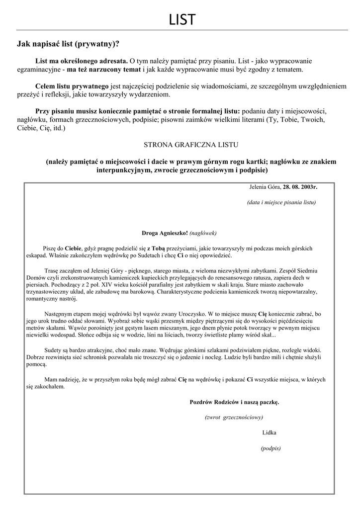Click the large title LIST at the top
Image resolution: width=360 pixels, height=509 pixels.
click(181, 20)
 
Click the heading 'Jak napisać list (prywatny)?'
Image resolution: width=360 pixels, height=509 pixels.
click(68, 44)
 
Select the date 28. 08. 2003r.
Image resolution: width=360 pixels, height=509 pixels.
click(300, 187)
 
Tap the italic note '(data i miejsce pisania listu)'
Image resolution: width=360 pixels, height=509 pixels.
click(281, 202)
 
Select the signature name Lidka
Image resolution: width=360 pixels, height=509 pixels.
click(269, 432)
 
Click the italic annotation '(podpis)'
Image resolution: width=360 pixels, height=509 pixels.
click(270, 448)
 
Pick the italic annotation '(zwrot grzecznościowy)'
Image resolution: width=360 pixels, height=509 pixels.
click(234, 417)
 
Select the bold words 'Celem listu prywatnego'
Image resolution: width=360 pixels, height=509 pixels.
click(72, 86)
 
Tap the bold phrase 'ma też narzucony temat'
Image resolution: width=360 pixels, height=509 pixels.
click(104, 70)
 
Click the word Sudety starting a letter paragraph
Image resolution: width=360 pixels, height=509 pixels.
click(54, 350)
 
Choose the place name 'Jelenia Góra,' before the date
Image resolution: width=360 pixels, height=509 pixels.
click(265, 187)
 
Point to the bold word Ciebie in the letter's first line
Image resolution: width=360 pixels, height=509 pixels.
click(74, 248)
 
